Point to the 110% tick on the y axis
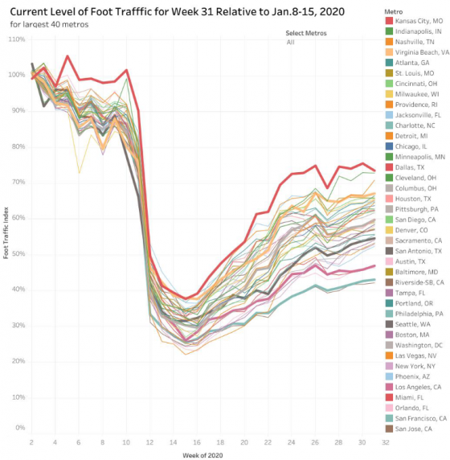pyautogui.click(x=17, y=39)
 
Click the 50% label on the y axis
pyautogui.click(x=18, y=253)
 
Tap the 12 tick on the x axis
pyautogui.click(x=149, y=442)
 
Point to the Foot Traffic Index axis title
pyautogui.click(x=6, y=234)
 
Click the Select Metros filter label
pyautogui.click(x=307, y=32)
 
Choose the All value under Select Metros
pyautogui.click(x=290, y=42)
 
